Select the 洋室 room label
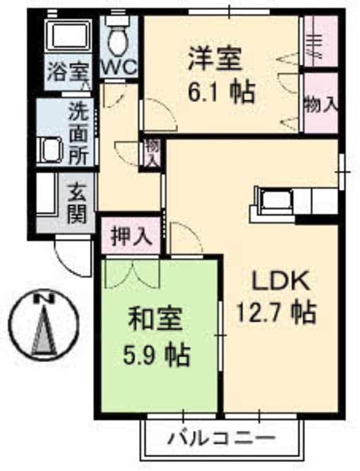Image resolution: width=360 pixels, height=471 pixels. pyautogui.click(x=215, y=59)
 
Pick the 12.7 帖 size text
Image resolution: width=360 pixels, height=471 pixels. pyautogui.click(x=277, y=313)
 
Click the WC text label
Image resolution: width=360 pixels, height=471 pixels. pyautogui.click(x=119, y=67)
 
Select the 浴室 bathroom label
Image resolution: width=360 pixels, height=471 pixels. pyautogui.click(x=68, y=72)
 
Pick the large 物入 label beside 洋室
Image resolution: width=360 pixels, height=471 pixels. pyautogui.click(x=321, y=105)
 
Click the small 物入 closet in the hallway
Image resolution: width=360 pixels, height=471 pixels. pyautogui.click(x=151, y=153)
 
